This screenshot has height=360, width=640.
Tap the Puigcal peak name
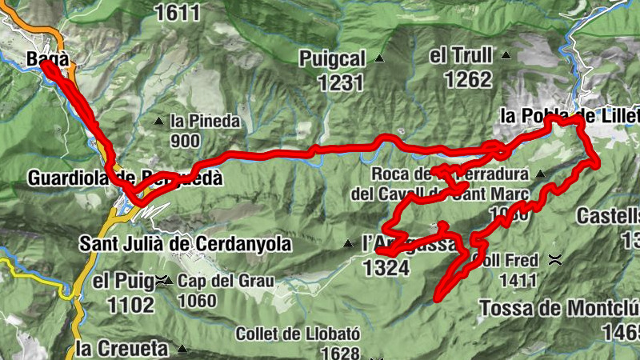(x=333, y=58)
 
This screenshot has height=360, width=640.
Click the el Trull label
(x=458, y=56)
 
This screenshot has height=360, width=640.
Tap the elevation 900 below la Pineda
(x=185, y=141)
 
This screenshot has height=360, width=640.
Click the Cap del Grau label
(x=226, y=282)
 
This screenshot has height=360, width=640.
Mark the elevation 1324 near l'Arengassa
(x=386, y=268)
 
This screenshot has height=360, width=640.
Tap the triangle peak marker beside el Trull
(x=506, y=55)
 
